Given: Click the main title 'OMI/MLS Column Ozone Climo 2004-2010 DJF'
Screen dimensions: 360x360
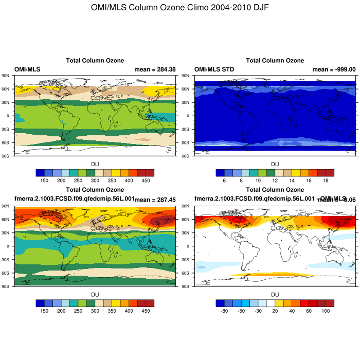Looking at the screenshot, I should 179,8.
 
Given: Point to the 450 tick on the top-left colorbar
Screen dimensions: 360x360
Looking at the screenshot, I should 146,181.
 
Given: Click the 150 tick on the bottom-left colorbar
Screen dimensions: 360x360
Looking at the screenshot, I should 45,311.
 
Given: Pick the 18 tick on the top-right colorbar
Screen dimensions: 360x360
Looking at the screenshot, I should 326,181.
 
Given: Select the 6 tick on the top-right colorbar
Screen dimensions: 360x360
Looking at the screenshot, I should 225,181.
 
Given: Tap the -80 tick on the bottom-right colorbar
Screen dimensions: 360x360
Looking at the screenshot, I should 225,311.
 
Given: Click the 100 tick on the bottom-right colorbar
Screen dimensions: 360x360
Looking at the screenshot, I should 326,311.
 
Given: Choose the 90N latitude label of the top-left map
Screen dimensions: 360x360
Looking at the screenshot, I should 7,76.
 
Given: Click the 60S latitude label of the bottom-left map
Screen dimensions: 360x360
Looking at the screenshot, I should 7,273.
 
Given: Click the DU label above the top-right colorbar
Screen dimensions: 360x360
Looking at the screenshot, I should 275,164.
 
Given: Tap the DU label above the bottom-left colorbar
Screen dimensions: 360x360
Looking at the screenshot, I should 95,295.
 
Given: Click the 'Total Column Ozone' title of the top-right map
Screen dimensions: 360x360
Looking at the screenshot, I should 275,61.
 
